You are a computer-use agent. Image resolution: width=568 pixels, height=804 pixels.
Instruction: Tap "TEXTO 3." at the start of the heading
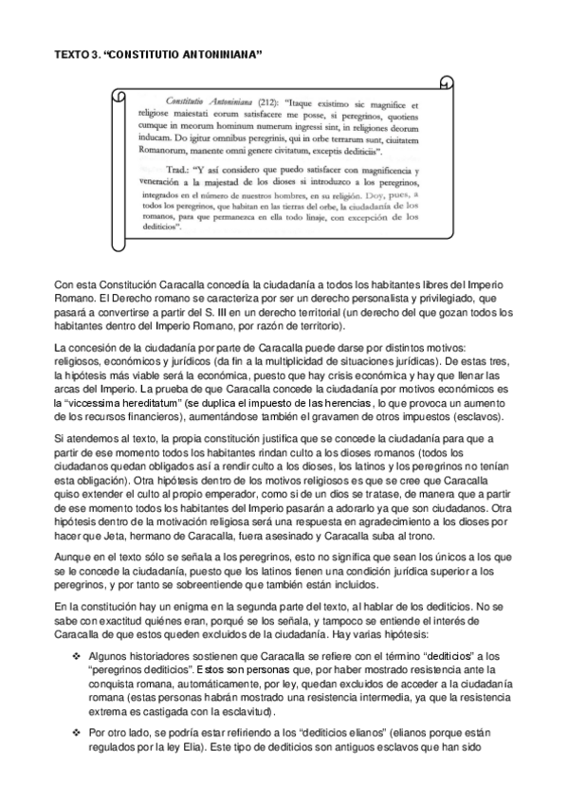78,56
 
